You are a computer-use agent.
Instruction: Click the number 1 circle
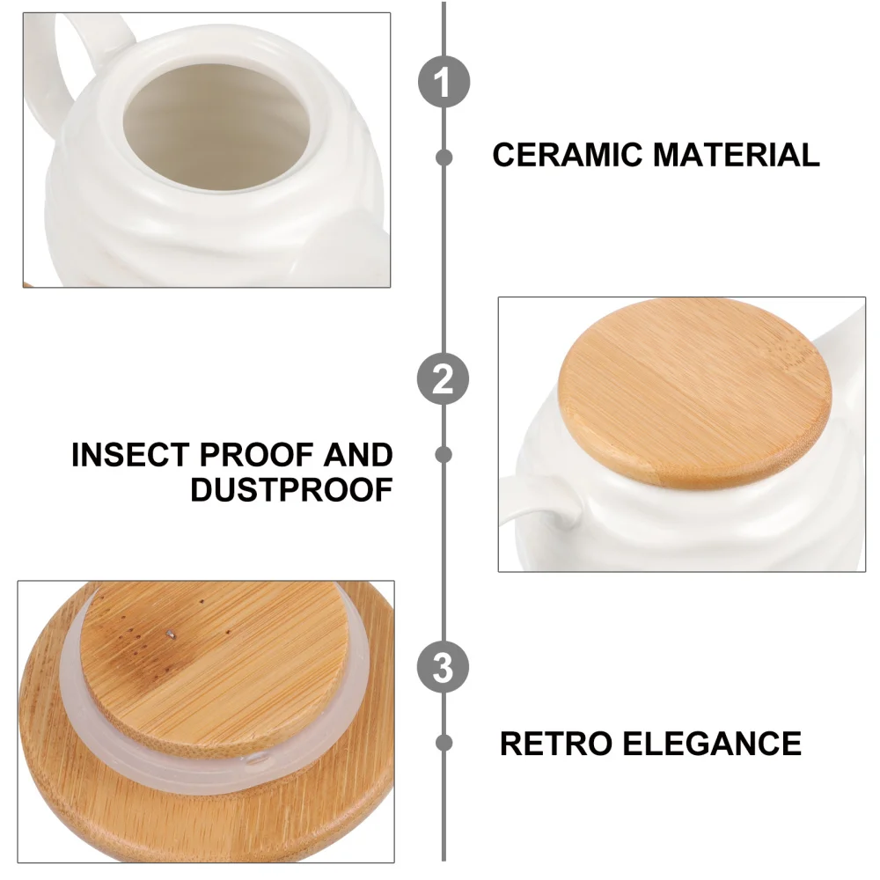(443, 84)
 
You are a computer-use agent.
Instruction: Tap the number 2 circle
(443, 379)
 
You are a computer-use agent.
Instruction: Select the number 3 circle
(443, 669)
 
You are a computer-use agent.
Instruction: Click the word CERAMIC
(568, 155)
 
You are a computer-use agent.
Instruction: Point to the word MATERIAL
(737, 155)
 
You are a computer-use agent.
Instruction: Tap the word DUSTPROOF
(291, 490)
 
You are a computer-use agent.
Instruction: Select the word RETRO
(557, 744)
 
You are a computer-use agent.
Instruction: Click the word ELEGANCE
(712, 744)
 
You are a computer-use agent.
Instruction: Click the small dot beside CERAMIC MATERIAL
(444, 158)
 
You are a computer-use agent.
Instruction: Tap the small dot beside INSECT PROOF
(444, 454)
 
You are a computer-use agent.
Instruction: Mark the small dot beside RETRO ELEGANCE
(444, 742)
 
